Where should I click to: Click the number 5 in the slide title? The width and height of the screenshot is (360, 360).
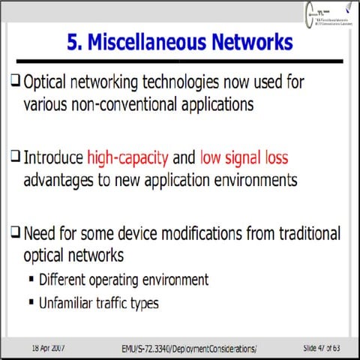tap(73, 43)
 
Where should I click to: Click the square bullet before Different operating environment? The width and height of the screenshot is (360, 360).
tap(31, 280)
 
